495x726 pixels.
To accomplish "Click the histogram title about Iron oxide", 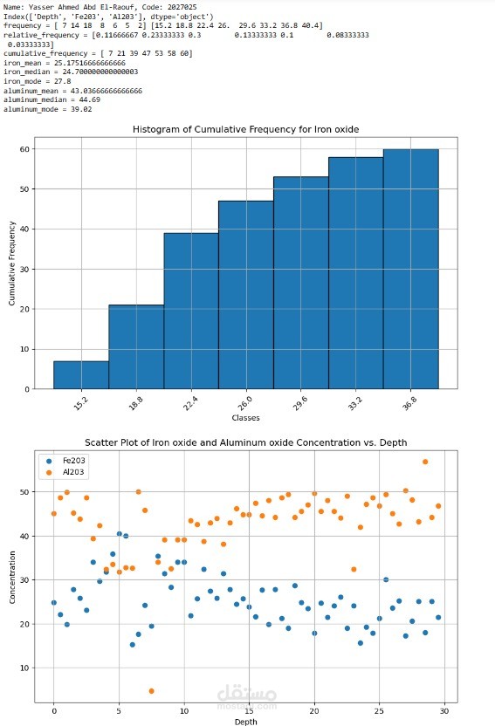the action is (245, 130).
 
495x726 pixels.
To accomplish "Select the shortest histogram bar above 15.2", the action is (81, 375).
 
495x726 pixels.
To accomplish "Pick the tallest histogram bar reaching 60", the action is (410, 269).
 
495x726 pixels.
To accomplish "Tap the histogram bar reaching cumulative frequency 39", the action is (191, 311).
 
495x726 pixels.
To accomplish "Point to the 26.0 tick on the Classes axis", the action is (245, 403).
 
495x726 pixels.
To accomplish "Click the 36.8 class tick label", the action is (409, 403).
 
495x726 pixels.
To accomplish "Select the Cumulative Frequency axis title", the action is (12, 263).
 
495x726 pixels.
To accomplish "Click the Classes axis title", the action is (245, 418).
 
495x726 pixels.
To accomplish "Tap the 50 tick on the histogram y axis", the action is (24, 188).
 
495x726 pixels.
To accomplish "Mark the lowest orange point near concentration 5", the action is (151, 691).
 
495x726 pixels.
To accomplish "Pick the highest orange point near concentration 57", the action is (425, 462).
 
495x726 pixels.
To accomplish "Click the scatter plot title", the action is (246, 442).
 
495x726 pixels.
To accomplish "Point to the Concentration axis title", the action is (12, 577).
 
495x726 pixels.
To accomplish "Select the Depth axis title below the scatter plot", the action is (245, 722).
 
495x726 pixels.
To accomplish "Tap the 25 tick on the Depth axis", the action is (379, 710).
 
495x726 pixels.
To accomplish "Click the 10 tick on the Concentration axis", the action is (24, 668).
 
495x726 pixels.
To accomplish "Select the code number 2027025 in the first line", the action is (182, 7).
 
